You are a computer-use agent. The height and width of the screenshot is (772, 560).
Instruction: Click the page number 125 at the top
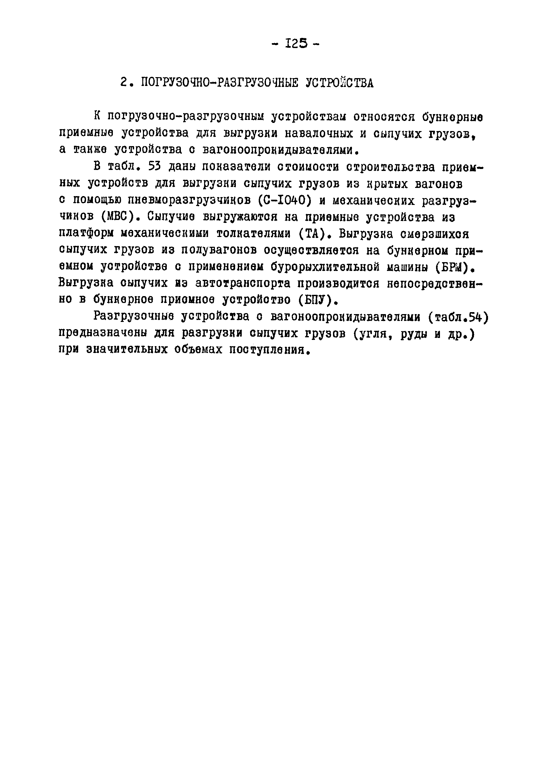point(297,43)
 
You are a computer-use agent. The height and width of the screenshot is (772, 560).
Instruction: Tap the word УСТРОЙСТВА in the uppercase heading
point(339,83)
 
